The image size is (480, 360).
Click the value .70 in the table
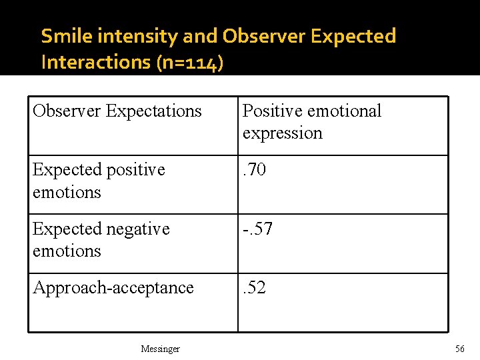(x=254, y=170)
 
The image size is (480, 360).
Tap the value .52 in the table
(x=254, y=287)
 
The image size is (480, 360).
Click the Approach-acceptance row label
(x=113, y=287)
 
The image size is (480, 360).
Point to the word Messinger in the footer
(x=160, y=349)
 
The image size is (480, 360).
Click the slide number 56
(x=459, y=349)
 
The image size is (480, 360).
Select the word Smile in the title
(x=63, y=36)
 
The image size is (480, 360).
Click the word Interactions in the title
(x=95, y=62)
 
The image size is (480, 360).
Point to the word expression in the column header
(x=282, y=133)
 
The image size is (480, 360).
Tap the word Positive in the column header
(x=271, y=111)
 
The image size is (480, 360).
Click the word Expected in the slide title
(x=353, y=36)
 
